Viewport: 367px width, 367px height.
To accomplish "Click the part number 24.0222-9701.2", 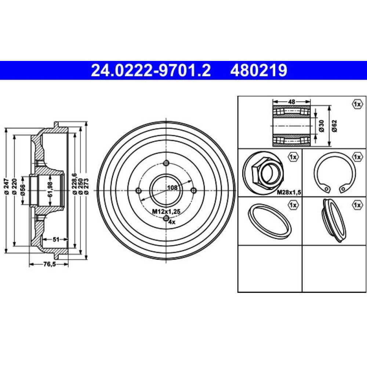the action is click(x=151, y=70).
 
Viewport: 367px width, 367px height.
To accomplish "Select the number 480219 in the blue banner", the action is click(x=259, y=70).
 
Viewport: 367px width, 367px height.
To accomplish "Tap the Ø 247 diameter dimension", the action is click(x=7, y=187).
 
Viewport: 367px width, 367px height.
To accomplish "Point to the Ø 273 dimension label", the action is click(x=86, y=186).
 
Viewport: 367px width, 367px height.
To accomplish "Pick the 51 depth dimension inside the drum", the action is click(x=56, y=239).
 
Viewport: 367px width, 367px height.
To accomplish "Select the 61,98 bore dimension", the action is click(x=50, y=189).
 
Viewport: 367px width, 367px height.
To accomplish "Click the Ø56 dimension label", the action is click(x=23, y=190).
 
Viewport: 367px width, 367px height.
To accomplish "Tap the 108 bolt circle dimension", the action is click(x=172, y=188).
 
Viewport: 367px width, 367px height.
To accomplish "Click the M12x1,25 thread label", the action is click(x=166, y=212).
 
